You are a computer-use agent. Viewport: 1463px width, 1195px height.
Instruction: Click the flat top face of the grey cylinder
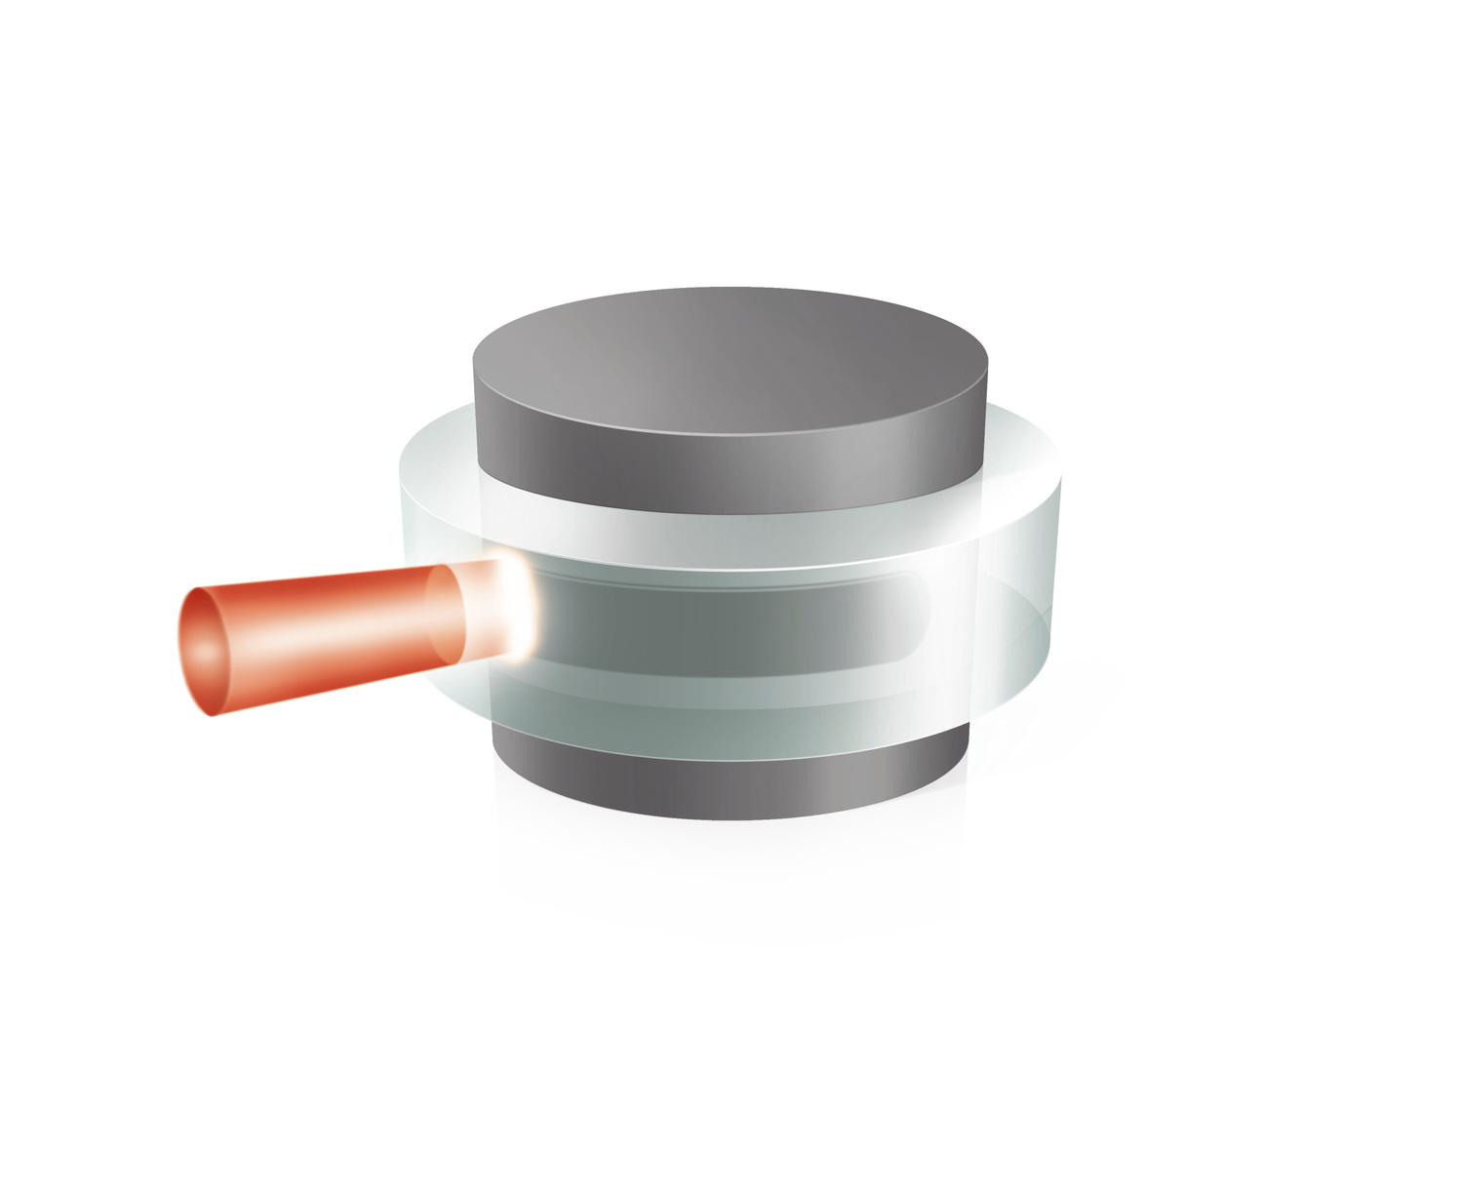point(731,361)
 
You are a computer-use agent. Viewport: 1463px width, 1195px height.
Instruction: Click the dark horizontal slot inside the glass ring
point(722,624)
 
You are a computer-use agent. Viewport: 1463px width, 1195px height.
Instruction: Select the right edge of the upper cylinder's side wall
point(985,429)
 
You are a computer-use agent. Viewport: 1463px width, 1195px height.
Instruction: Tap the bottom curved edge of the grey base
point(731,816)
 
